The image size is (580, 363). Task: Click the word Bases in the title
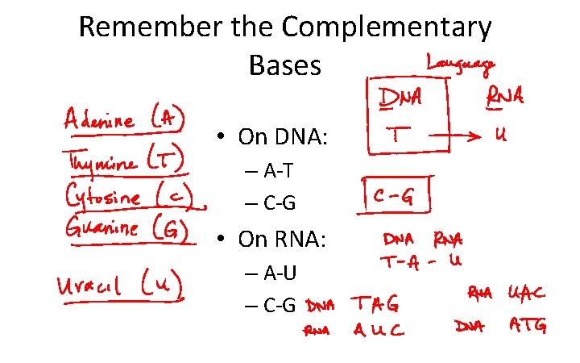point(285,65)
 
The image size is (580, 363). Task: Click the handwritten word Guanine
point(102,228)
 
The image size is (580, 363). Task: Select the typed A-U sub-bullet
point(277,273)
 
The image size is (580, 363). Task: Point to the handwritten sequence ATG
point(528,325)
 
